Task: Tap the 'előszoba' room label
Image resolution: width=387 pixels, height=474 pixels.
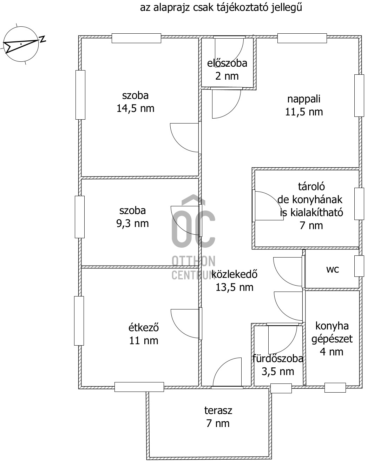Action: click(227, 63)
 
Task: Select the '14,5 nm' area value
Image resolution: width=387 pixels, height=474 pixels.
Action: click(135, 108)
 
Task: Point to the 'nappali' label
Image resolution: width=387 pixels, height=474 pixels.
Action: click(304, 99)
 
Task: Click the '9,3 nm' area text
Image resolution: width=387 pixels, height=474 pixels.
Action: click(132, 223)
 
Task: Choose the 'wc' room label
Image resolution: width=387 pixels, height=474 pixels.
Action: click(333, 269)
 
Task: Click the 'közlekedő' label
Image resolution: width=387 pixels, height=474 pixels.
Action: click(235, 274)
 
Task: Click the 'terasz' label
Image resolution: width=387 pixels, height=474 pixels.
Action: click(218, 410)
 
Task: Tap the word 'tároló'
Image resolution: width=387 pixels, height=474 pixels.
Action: click(311, 187)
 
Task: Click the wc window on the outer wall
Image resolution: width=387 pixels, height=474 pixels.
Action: click(359, 266)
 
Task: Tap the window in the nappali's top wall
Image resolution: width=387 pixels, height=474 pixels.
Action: click(302, 38)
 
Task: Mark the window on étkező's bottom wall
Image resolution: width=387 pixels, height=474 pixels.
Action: click(139, 387)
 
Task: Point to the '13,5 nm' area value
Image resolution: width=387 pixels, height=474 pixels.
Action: click(235, 287)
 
